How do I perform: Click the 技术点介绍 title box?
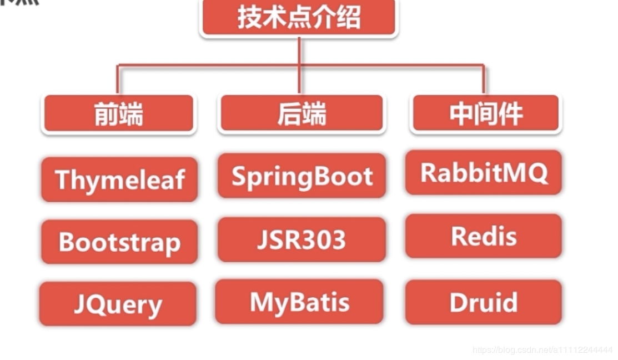299,17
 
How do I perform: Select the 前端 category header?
118,114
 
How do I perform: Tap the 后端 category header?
302,114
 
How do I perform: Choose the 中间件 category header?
485,114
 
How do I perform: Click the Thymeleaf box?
119,179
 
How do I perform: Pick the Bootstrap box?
119,242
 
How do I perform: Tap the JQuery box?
118,304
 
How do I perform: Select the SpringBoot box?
302,176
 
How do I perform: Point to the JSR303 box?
302,239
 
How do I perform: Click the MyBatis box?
300,302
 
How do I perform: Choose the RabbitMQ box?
484,172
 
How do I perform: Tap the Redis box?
484,236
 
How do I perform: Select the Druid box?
484,302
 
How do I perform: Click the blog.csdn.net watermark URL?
542,350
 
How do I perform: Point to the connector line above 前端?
118,79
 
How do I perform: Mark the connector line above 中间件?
484,79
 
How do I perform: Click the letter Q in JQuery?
96,304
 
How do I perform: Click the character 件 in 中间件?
510,114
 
